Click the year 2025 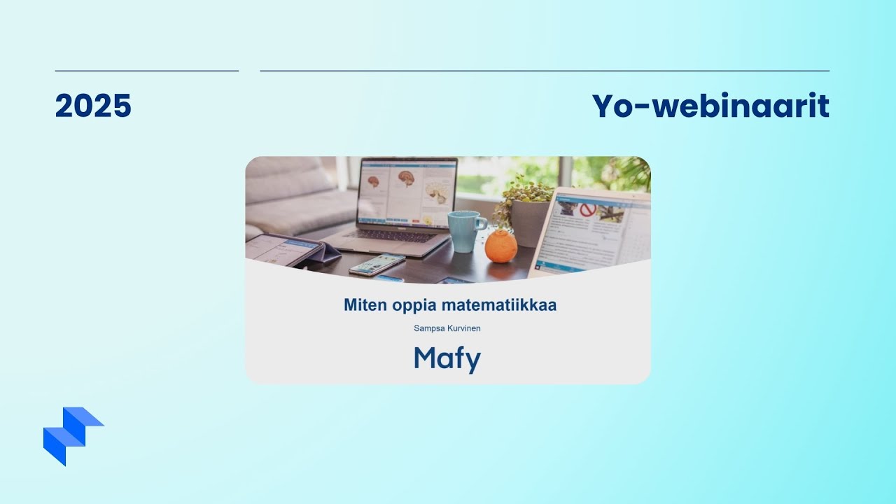tap(93, 106)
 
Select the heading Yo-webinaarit tap(710, 106)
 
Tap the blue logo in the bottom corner tap(73, 436)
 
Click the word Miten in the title tap(365, 304)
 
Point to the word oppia tap(414, 306)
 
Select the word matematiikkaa tap(499, 304)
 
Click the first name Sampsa tap(429, 328)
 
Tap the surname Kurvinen tap(464, 328)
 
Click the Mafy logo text tap(447, 359)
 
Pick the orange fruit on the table tap(501, 246)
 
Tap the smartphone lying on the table tap(377, 264)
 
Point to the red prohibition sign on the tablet tap(587, 209)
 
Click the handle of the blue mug tap(482, 223)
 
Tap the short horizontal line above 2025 tap(147, 71)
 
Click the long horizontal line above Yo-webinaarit tap(545, 71)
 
